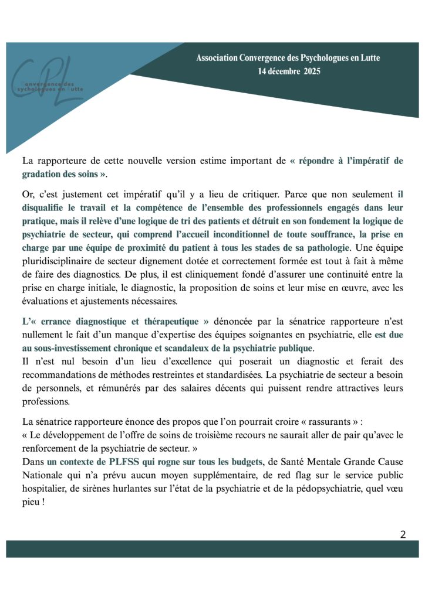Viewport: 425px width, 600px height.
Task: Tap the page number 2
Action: click(403, 533)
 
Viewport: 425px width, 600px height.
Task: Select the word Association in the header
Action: click(217, 58)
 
